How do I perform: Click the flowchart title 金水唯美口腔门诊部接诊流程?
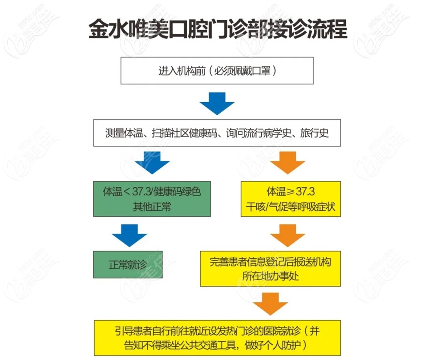point(217,30)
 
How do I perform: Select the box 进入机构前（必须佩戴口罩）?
point(217,71)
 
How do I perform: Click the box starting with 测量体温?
point(217,133)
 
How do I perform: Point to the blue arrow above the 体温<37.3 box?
point(152,163)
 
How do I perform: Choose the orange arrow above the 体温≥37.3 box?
point(287,163)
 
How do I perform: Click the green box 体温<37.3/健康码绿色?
point(152,199)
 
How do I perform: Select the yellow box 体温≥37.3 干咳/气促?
point(291,199)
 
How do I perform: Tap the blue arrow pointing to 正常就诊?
point(129,235)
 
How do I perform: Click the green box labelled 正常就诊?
point(128,265)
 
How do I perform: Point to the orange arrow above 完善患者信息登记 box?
point(287,235)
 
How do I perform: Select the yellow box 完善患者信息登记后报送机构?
point(270,268)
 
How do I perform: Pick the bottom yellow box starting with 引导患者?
point(217,338)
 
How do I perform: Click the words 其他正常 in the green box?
point(152,207)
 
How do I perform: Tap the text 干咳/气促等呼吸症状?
point(291,207)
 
